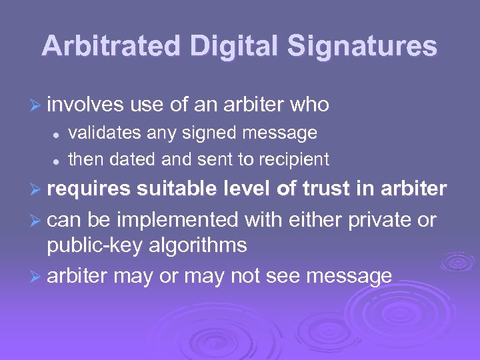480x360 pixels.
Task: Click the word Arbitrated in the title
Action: click(x=111, y=47)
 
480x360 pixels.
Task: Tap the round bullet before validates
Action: click(x=58, y=135)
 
